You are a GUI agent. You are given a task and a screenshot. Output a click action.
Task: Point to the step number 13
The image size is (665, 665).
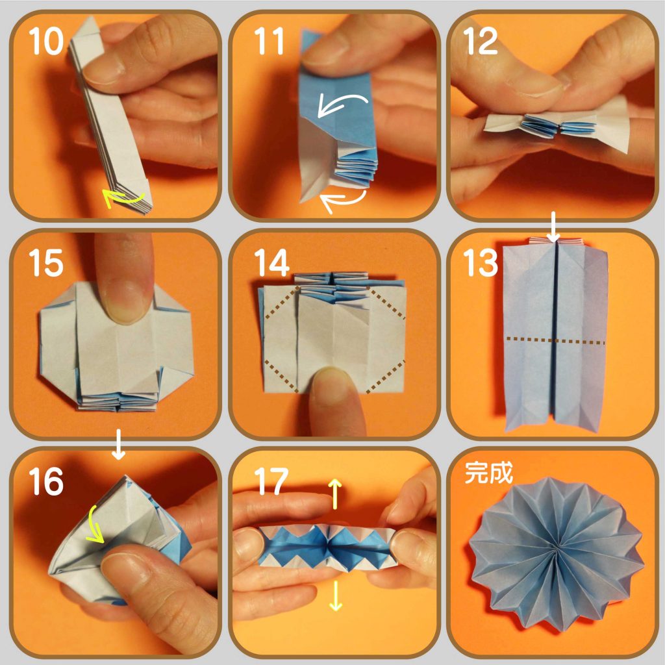pos(481,262)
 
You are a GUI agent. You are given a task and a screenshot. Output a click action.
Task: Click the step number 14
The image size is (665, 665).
pos(272,262)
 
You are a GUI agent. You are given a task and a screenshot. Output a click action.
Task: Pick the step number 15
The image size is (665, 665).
pos(46,262)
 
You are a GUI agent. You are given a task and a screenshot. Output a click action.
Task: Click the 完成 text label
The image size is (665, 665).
pos(488,472)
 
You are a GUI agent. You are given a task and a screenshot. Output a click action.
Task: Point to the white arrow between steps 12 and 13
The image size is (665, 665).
pos(554,227)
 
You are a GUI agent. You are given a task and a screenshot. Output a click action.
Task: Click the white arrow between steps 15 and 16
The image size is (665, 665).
pos(118,444)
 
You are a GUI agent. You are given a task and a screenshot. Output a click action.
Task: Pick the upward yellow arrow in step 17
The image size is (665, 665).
pos(336,494)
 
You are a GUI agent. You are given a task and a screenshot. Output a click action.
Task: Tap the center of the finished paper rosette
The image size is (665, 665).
pos(556,552)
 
